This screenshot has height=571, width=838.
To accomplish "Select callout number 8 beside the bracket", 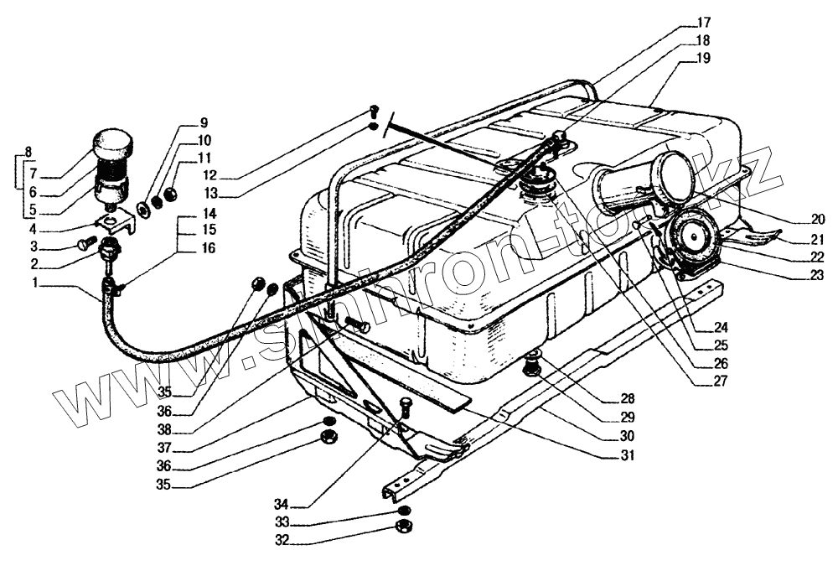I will [x=28, y=153].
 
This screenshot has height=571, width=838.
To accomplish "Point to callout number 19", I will [x=702, y=59].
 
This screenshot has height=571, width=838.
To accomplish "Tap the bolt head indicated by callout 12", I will [x=374, y=110].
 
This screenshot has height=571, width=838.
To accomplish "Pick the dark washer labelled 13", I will [x=372, y=127].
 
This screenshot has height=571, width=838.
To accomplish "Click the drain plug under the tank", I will [x=530, y=366].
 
